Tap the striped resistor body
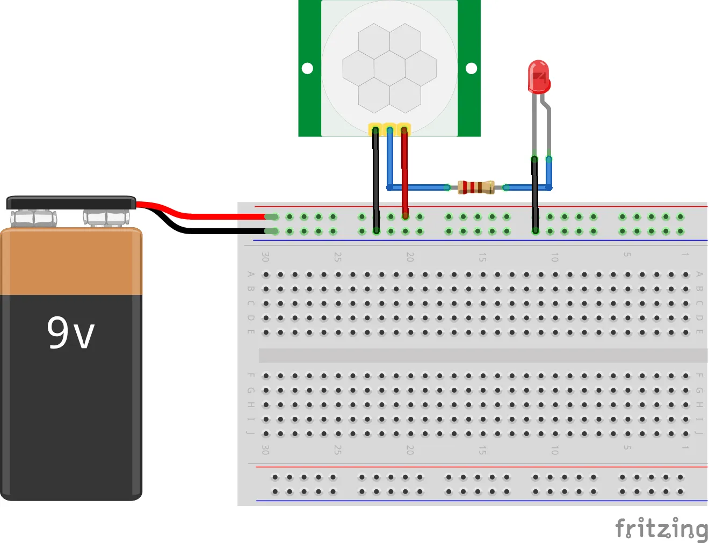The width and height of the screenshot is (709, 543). click(x=476, y=187)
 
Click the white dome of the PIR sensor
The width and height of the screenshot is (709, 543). click(x=389, y=67)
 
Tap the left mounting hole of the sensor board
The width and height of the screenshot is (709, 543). click(x=307, y=68)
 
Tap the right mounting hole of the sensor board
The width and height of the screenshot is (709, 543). click(x=471, y=68)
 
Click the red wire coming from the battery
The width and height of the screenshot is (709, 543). click(x=215, y=216)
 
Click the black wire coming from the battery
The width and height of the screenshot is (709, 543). click(x=215, y=231)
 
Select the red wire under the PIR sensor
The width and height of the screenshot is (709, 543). click(x=404, y=172)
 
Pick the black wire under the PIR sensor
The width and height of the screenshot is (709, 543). click(x=375, y=177)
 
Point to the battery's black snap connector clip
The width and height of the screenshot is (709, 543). click(x=71, y=203)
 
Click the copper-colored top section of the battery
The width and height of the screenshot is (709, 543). click(x=71, y=262)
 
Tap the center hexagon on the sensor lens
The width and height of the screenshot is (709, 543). click(x=389, y=68)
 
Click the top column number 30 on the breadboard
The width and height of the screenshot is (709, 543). click(x=265, y=257)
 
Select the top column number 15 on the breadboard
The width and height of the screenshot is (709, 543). click(x=482, y=257)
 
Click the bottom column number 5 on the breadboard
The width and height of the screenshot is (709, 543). click(x=627, y=447)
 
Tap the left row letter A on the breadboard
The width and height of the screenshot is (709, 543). click(x=250, y=274)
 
